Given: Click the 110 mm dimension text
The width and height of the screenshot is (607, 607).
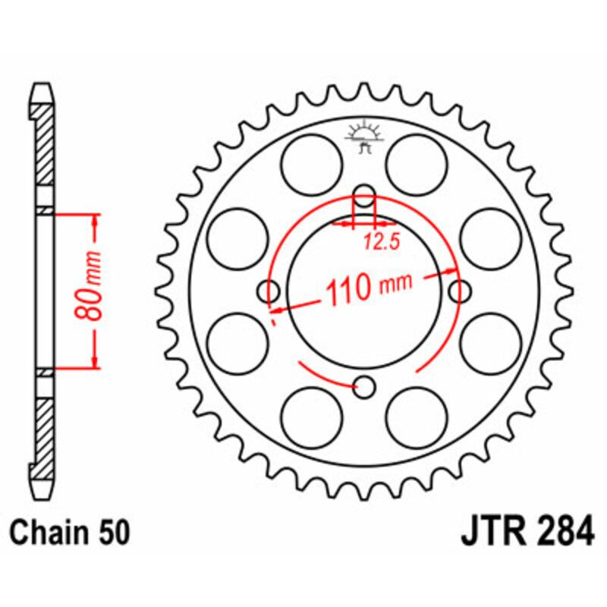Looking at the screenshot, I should pos(368,288).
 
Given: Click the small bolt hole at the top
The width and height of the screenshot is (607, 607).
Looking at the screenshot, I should pos(365,195).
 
